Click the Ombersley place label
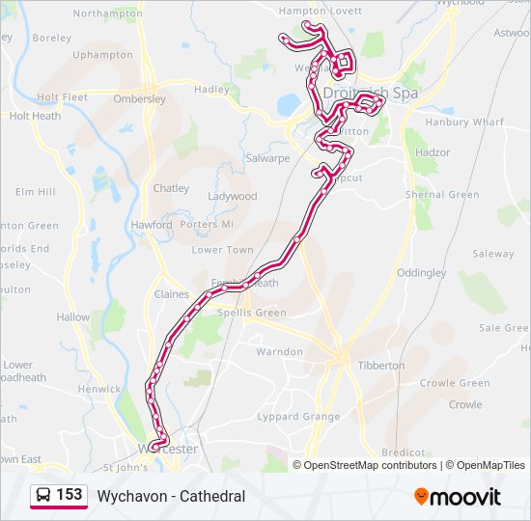[140, 98]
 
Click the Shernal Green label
[442, 195]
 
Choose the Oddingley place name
[421, 273]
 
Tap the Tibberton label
[381, 366]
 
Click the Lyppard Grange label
[298, 417]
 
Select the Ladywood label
[233, 196]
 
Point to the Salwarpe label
[267, 158]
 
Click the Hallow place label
[73, 316]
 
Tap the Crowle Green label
[455, 383]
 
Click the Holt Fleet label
[62, 97]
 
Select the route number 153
[69, 495]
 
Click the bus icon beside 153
[43, 496]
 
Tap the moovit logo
[458, 496]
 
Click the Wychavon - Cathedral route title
[171, 496]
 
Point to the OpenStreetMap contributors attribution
[371, 465]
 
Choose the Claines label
[172, 294]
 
